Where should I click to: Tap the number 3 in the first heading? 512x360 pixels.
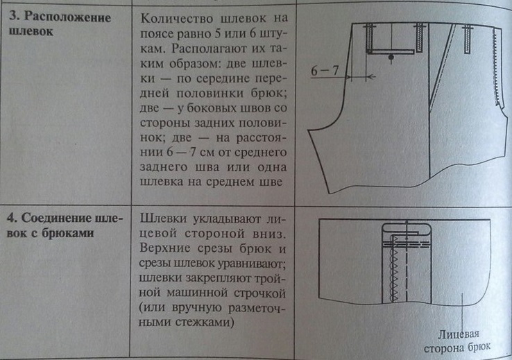pos(13,17)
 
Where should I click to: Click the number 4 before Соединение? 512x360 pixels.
pos(13,216)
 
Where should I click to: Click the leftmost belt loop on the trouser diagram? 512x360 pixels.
pos(369,35)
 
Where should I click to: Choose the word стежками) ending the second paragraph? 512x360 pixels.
pos(205,323)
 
